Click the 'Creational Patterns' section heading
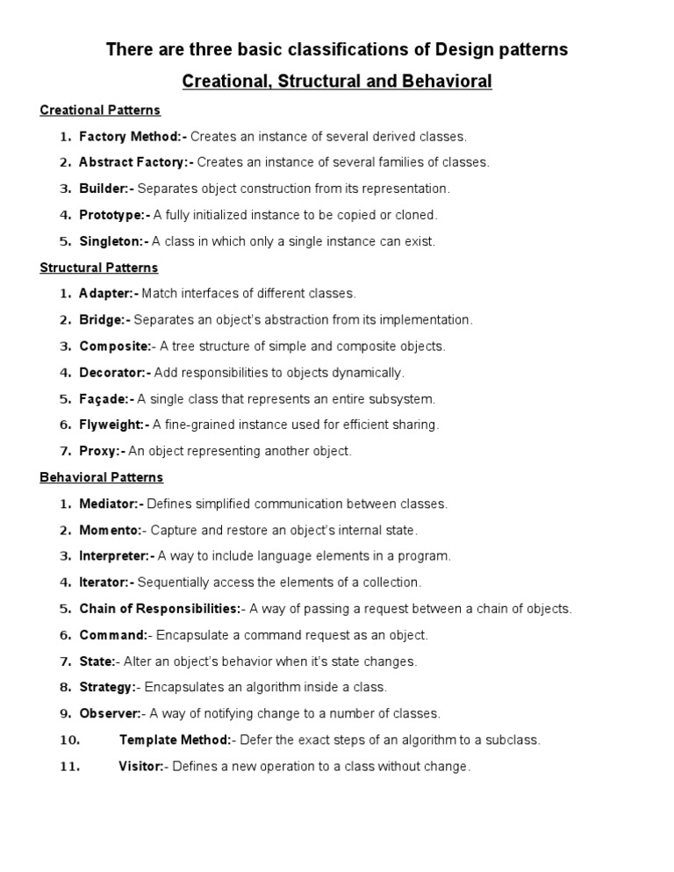100,111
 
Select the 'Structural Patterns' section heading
99,268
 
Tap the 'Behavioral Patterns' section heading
102,478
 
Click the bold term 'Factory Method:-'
133,137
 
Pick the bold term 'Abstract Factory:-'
136,162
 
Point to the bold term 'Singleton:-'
114,241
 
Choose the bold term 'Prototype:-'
115,215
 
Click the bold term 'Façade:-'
107,399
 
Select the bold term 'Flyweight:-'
115,425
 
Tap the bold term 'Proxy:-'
103,452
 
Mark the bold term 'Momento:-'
111,531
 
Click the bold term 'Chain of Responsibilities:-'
161,609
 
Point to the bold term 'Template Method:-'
176,740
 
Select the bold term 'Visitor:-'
142,767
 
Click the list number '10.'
70,740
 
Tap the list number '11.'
70,767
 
